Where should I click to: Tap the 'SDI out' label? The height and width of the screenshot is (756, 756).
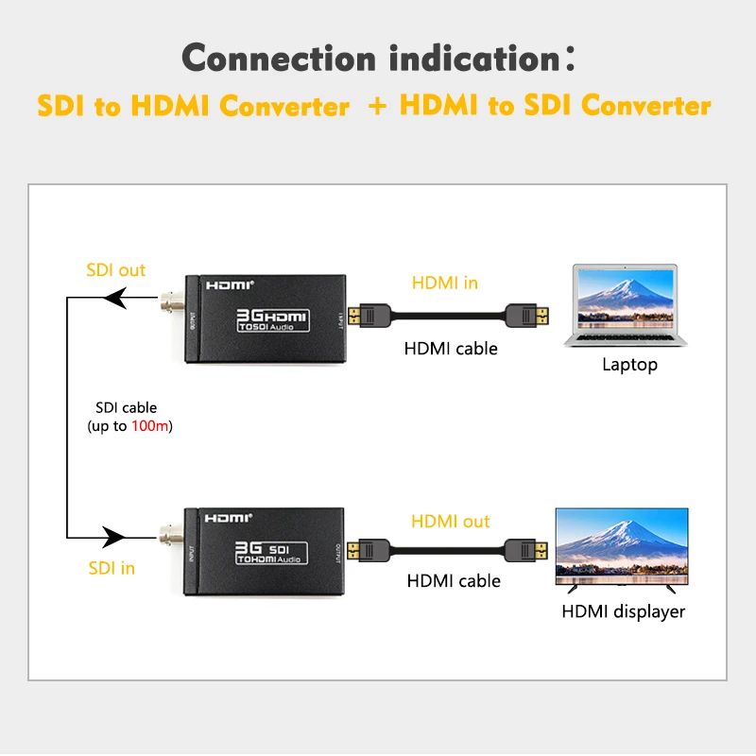pos(115,270)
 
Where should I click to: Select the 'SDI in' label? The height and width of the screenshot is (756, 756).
pos(112,568)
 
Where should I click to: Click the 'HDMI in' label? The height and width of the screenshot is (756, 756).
pos(444,283)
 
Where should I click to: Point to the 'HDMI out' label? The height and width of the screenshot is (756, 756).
pos(450,522)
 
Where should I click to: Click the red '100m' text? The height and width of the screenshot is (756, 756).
pos(154,427)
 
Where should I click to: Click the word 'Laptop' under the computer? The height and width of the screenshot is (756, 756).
pos(629,365)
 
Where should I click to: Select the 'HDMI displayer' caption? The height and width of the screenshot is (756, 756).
pos(623,611)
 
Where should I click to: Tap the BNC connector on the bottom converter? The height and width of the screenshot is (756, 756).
pos(171,538)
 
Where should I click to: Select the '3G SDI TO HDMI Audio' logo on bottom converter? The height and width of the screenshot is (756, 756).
pos(271,553)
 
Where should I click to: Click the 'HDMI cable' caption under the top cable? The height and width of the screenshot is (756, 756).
pos(451,349)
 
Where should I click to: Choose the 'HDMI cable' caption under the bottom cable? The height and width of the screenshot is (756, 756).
pos(454,581)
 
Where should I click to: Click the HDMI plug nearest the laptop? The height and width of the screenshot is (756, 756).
pos(526,315)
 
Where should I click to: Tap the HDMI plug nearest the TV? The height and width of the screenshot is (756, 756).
pos(526,552)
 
